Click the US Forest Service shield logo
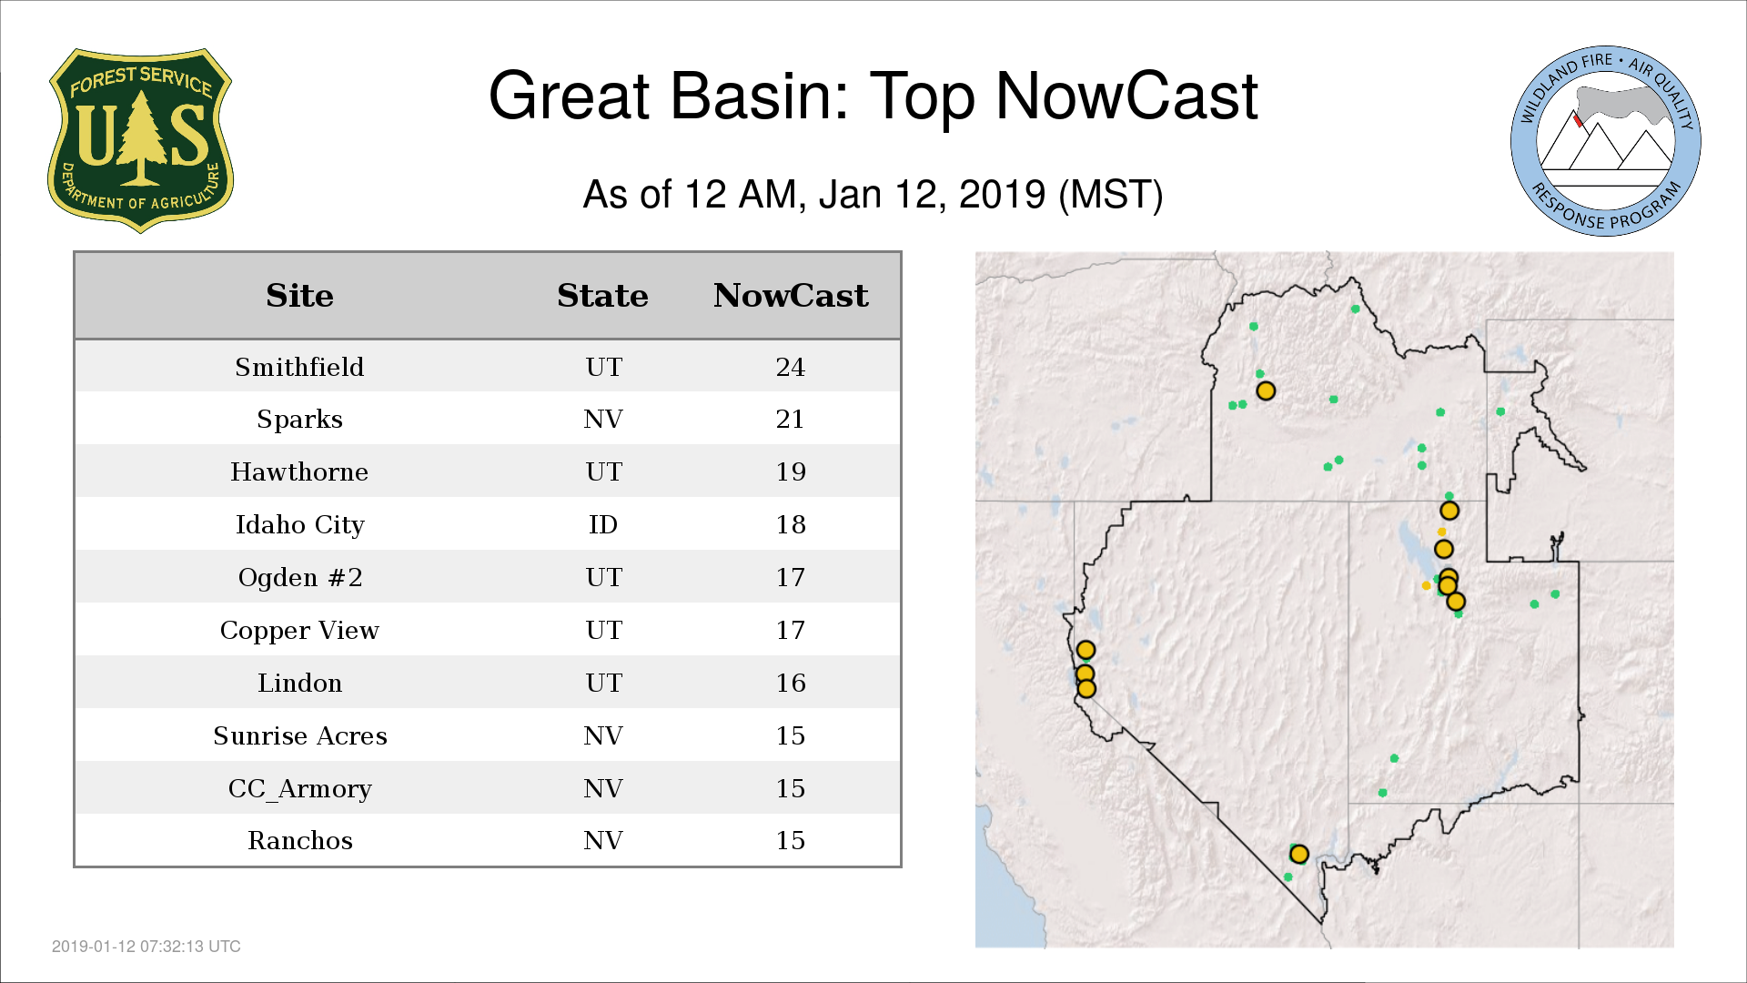pos(140,140)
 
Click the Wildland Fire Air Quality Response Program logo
pos(1606,141)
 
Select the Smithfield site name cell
pos(299,367)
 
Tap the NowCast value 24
pos(791,367)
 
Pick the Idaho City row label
pos(299,525)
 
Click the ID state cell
pos(603,524)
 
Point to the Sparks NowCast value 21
pos(791,420)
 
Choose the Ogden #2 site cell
pos(300,578)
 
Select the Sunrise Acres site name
pos(300,735)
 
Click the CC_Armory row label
pos(300,789)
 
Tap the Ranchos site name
pos(300,840)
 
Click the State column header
pos(602,296)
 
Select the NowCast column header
pos(791,296)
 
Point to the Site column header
pos(299,296)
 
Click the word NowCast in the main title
pos(1127,96)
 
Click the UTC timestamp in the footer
pos(146,947)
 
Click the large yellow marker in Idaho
pos(1266,391)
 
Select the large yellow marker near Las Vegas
pos(1299,854)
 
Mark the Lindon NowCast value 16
pos(791,684)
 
